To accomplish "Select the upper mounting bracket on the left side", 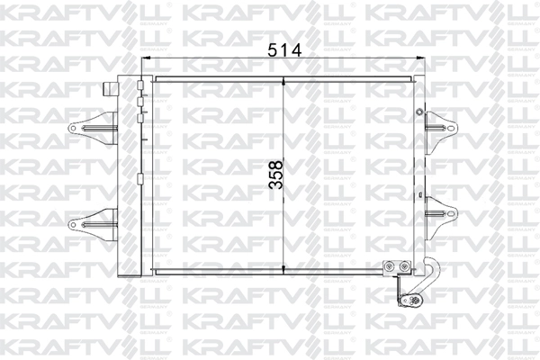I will (x=94, y=125).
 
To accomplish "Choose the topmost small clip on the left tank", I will (x=140, y=88).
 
